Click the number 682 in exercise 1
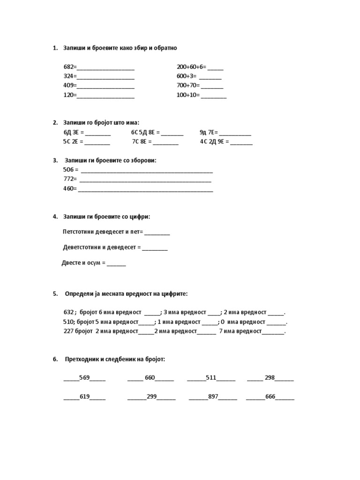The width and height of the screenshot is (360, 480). tap(68, 67)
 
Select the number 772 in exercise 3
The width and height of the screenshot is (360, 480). tap(68, 179)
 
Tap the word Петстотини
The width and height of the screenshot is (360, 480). tap(78, 232)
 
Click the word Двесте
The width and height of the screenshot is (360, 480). tap(71, 263)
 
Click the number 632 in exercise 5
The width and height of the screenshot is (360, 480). tap(68, 312)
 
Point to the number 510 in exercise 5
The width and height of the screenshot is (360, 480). tap(68, 322)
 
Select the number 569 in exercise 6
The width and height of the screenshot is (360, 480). tap(84, 377)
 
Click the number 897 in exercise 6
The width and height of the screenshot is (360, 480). tap(213, 397)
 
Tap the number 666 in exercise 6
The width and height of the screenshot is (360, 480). tap(270, 397)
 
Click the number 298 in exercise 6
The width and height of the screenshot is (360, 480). tap(270, 377)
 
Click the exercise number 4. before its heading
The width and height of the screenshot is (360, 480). tap(55, 217)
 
